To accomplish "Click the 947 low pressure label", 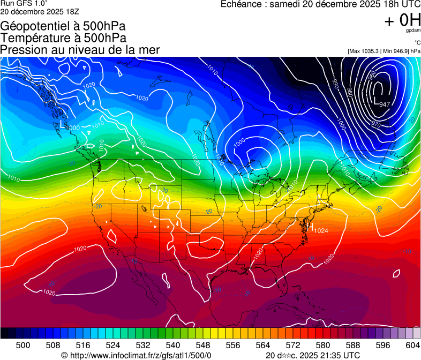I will [x=384, y=104].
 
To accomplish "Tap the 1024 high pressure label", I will [x=320, y=230].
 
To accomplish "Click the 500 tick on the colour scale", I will [x=23, y=345].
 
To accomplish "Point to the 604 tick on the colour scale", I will [x=412, y=345].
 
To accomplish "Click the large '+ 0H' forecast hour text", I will [x=402, y=20].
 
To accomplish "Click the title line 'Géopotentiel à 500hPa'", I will [x=63, y=26].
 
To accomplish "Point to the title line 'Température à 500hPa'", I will [x=63, y=38].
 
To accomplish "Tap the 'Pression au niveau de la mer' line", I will [x=80, y=50].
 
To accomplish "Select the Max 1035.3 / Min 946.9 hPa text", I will [x=384, y=51].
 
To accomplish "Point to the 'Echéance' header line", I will [x=320, y=4].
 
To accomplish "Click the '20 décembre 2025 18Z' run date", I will [x=40, y=11].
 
